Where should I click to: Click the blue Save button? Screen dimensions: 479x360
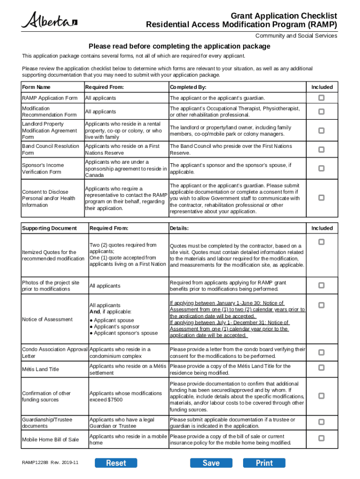pyautogui.click(x=211, y=463)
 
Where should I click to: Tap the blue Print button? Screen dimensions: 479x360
pyautogui.click(x=264, y=463)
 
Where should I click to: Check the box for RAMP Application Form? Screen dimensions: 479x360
pyautogui.click(x=322, y=98)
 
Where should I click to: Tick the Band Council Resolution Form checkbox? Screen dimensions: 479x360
pyautogui.click(x=322, y=150)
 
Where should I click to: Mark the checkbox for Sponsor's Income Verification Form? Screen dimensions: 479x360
pyautogui.click(x=322, y=168)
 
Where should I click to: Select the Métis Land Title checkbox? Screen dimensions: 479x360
pyautogui.click(x=322, y=369)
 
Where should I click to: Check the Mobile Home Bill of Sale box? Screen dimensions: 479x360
pyautogui.click(x=322, y=438)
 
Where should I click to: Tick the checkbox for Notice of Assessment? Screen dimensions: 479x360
pyautogui.click(x=322, y=305)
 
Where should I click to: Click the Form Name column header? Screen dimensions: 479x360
pyautogui.click(x=36, y=87)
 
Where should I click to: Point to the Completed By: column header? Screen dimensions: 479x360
pyautogui.click(x=188, y=87)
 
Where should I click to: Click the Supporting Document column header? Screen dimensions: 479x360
pyautogui.click(x=49, y=228)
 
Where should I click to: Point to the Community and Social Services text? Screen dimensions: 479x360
pyautogui.click(x=296, y=36)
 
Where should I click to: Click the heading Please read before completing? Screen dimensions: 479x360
pyautogui.click(x=180, y=46)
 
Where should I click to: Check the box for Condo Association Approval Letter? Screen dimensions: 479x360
pyautogui.click(x=322, y=352)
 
